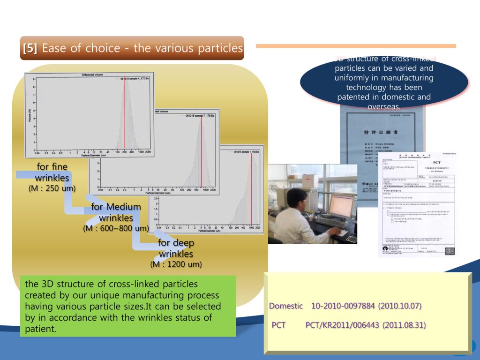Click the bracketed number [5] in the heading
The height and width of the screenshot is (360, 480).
[30, 48]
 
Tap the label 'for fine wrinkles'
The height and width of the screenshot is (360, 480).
[52, 172]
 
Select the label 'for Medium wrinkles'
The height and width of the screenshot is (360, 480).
[116, 212]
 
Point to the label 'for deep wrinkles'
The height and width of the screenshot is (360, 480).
[176, 248]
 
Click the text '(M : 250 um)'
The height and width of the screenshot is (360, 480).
[52, 188]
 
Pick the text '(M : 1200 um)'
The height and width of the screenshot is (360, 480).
[176, 264]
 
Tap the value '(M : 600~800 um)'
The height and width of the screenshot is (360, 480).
[116, 228]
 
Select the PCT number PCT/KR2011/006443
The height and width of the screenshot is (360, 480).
[343, 325]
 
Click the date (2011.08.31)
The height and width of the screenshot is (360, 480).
[404, 325]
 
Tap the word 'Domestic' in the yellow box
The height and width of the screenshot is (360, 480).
[286, 306]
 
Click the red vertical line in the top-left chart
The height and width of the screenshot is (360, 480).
[125, 112]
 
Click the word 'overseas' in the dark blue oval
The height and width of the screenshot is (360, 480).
[384, 106]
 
